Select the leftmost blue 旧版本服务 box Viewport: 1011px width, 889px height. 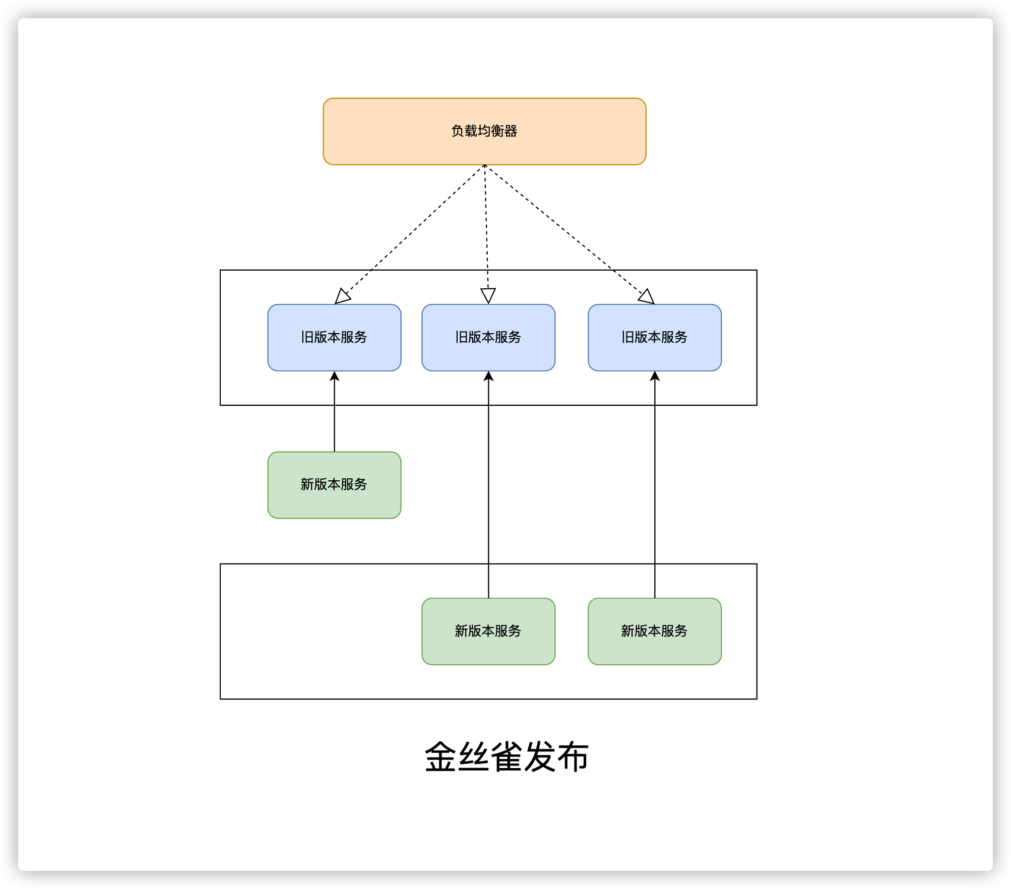click(x=334, y=337)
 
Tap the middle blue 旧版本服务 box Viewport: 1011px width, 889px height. click(x=488, y=337)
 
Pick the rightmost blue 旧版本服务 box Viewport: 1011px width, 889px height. click(x=654, y=337)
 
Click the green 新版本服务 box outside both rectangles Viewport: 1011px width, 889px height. click(x=334, y=484)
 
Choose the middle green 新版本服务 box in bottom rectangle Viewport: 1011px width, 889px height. click(x=488, y=631)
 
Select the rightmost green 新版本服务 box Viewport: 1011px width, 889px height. click(x=654, y=631)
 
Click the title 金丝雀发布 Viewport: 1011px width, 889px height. click(x=506, y=756)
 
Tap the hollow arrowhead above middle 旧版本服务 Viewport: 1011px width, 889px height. click(x=488, y=295)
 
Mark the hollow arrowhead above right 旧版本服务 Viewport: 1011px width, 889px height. click(x=647, y=297)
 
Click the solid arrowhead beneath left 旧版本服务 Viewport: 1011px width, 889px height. click(x=334, y=376)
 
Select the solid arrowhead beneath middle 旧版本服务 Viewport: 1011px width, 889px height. click(x=488, y=376)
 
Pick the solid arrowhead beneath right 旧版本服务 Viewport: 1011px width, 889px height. click(x=654, y=376)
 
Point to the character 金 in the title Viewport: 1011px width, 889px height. click(x=441, y=756)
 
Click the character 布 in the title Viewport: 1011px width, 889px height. click(x=572, y=756)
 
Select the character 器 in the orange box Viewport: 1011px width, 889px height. click(x=511, y=131)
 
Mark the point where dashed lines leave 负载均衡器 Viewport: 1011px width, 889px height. click(x=484, y=165)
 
